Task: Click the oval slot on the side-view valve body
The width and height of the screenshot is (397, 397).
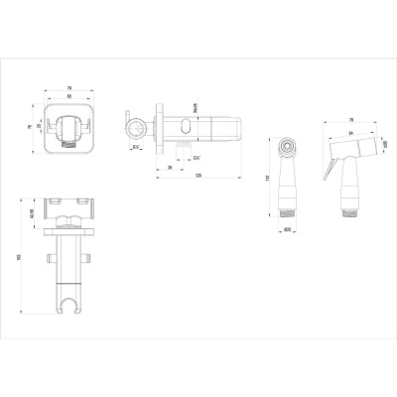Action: (191, 126)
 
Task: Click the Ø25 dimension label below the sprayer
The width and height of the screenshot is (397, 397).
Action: (287, 231)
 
